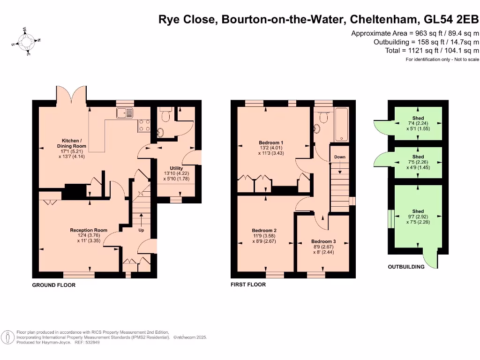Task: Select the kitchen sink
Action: coord(125,112)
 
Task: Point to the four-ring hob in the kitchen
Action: coord(144,125)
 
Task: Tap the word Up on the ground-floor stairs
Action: coord(141,231)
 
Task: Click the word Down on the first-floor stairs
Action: coord(340,157)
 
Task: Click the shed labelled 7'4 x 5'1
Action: coord(418,123)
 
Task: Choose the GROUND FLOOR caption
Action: coord(53,285)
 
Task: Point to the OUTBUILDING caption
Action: coord(406,267)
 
